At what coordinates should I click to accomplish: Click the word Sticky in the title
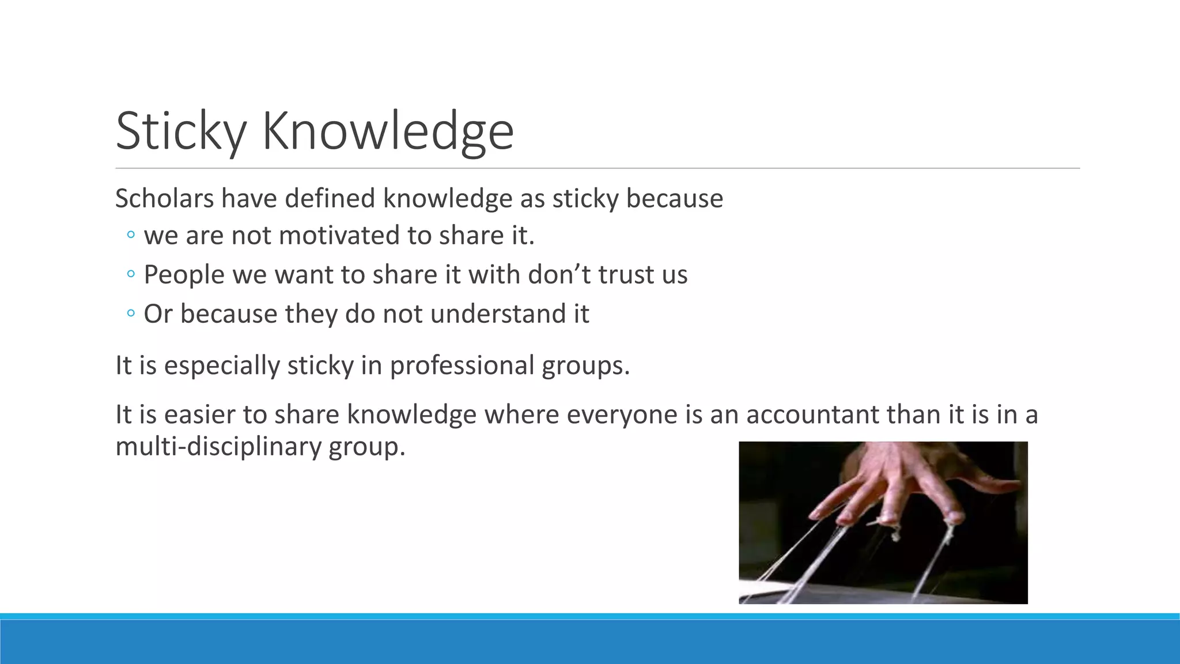pos(181,131)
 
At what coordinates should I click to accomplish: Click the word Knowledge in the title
pos(388,131)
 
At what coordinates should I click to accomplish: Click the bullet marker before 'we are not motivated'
pos(131,235)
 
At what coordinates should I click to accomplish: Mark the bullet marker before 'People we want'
pos(131,274)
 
